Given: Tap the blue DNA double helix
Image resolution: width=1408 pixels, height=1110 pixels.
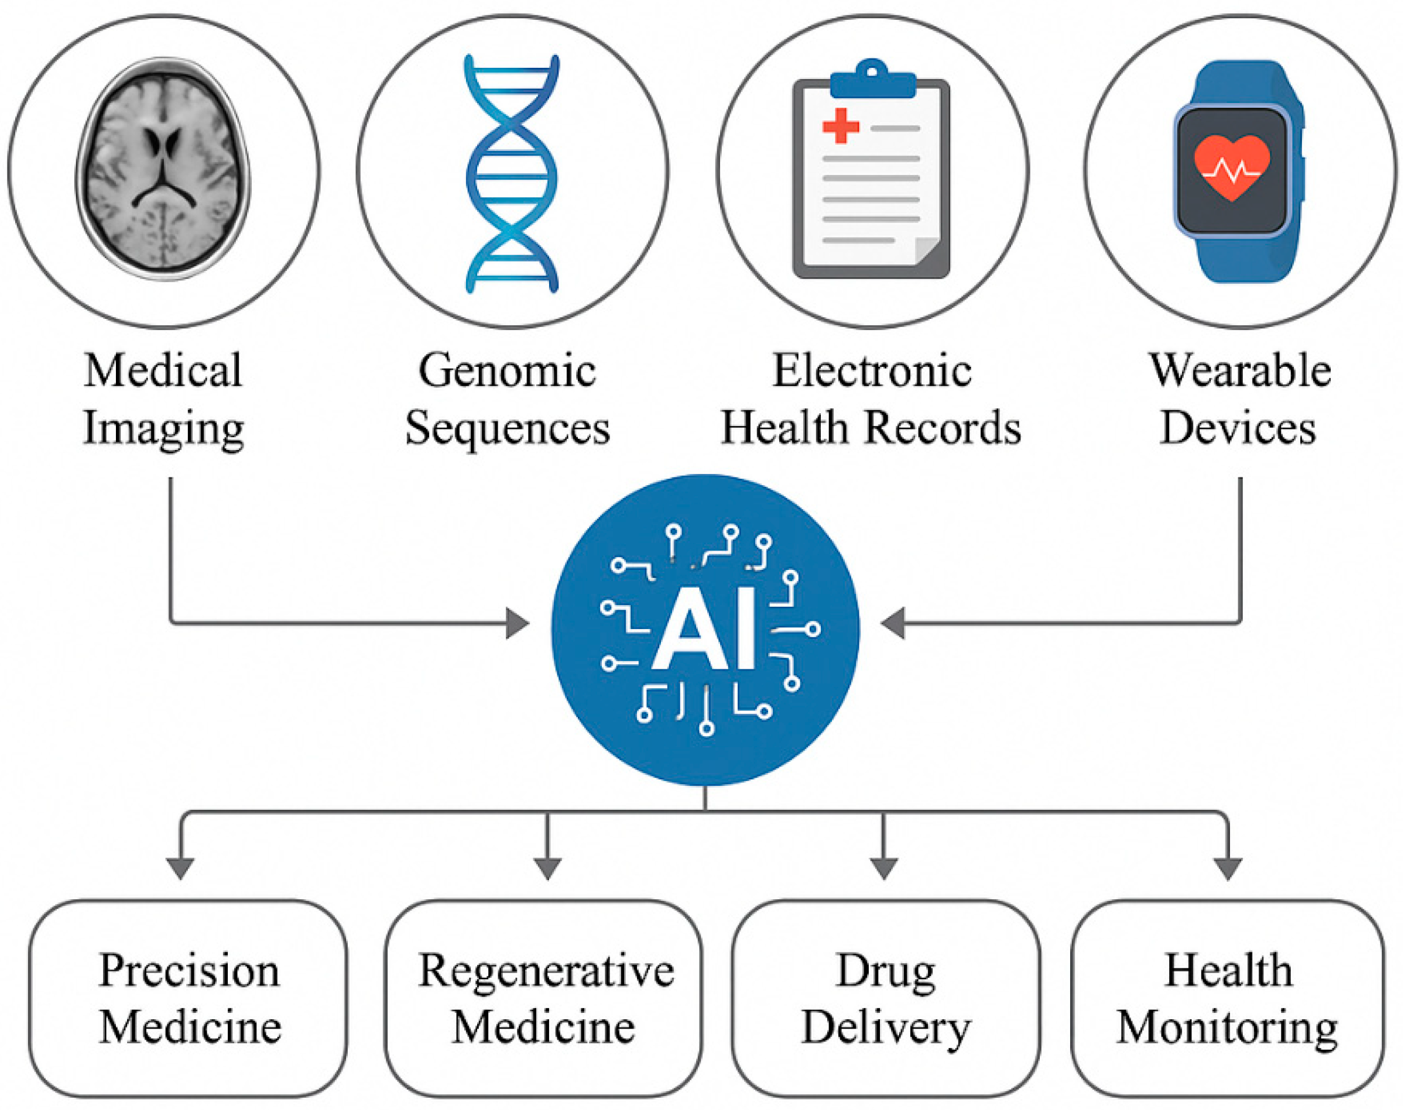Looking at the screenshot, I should click(x=512, y=174).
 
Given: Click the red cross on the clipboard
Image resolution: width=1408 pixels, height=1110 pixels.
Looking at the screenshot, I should click(x=841, y=125).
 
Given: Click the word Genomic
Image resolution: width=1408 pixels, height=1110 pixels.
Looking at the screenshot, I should click(x=507, y=371).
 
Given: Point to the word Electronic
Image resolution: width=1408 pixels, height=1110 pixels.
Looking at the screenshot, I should click(x=872, y=371).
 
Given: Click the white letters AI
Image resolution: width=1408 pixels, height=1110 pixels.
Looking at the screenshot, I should click(x=705, y=630).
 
